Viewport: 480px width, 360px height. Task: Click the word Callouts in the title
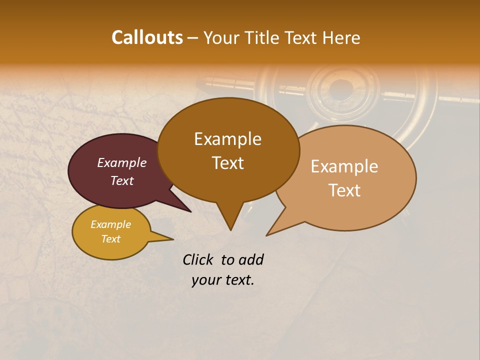[x=147, y=37]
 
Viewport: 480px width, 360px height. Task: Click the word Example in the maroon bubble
[x=121, y=162]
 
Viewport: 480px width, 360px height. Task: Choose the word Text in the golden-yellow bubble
[x=110, y=239]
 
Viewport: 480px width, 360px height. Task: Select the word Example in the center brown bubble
[x=227, y=139]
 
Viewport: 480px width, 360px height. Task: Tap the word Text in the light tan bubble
[x=344, y=190]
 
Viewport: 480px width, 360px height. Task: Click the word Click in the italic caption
[x=199, y=259]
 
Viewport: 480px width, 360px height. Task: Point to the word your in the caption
[x=206, y=280]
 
